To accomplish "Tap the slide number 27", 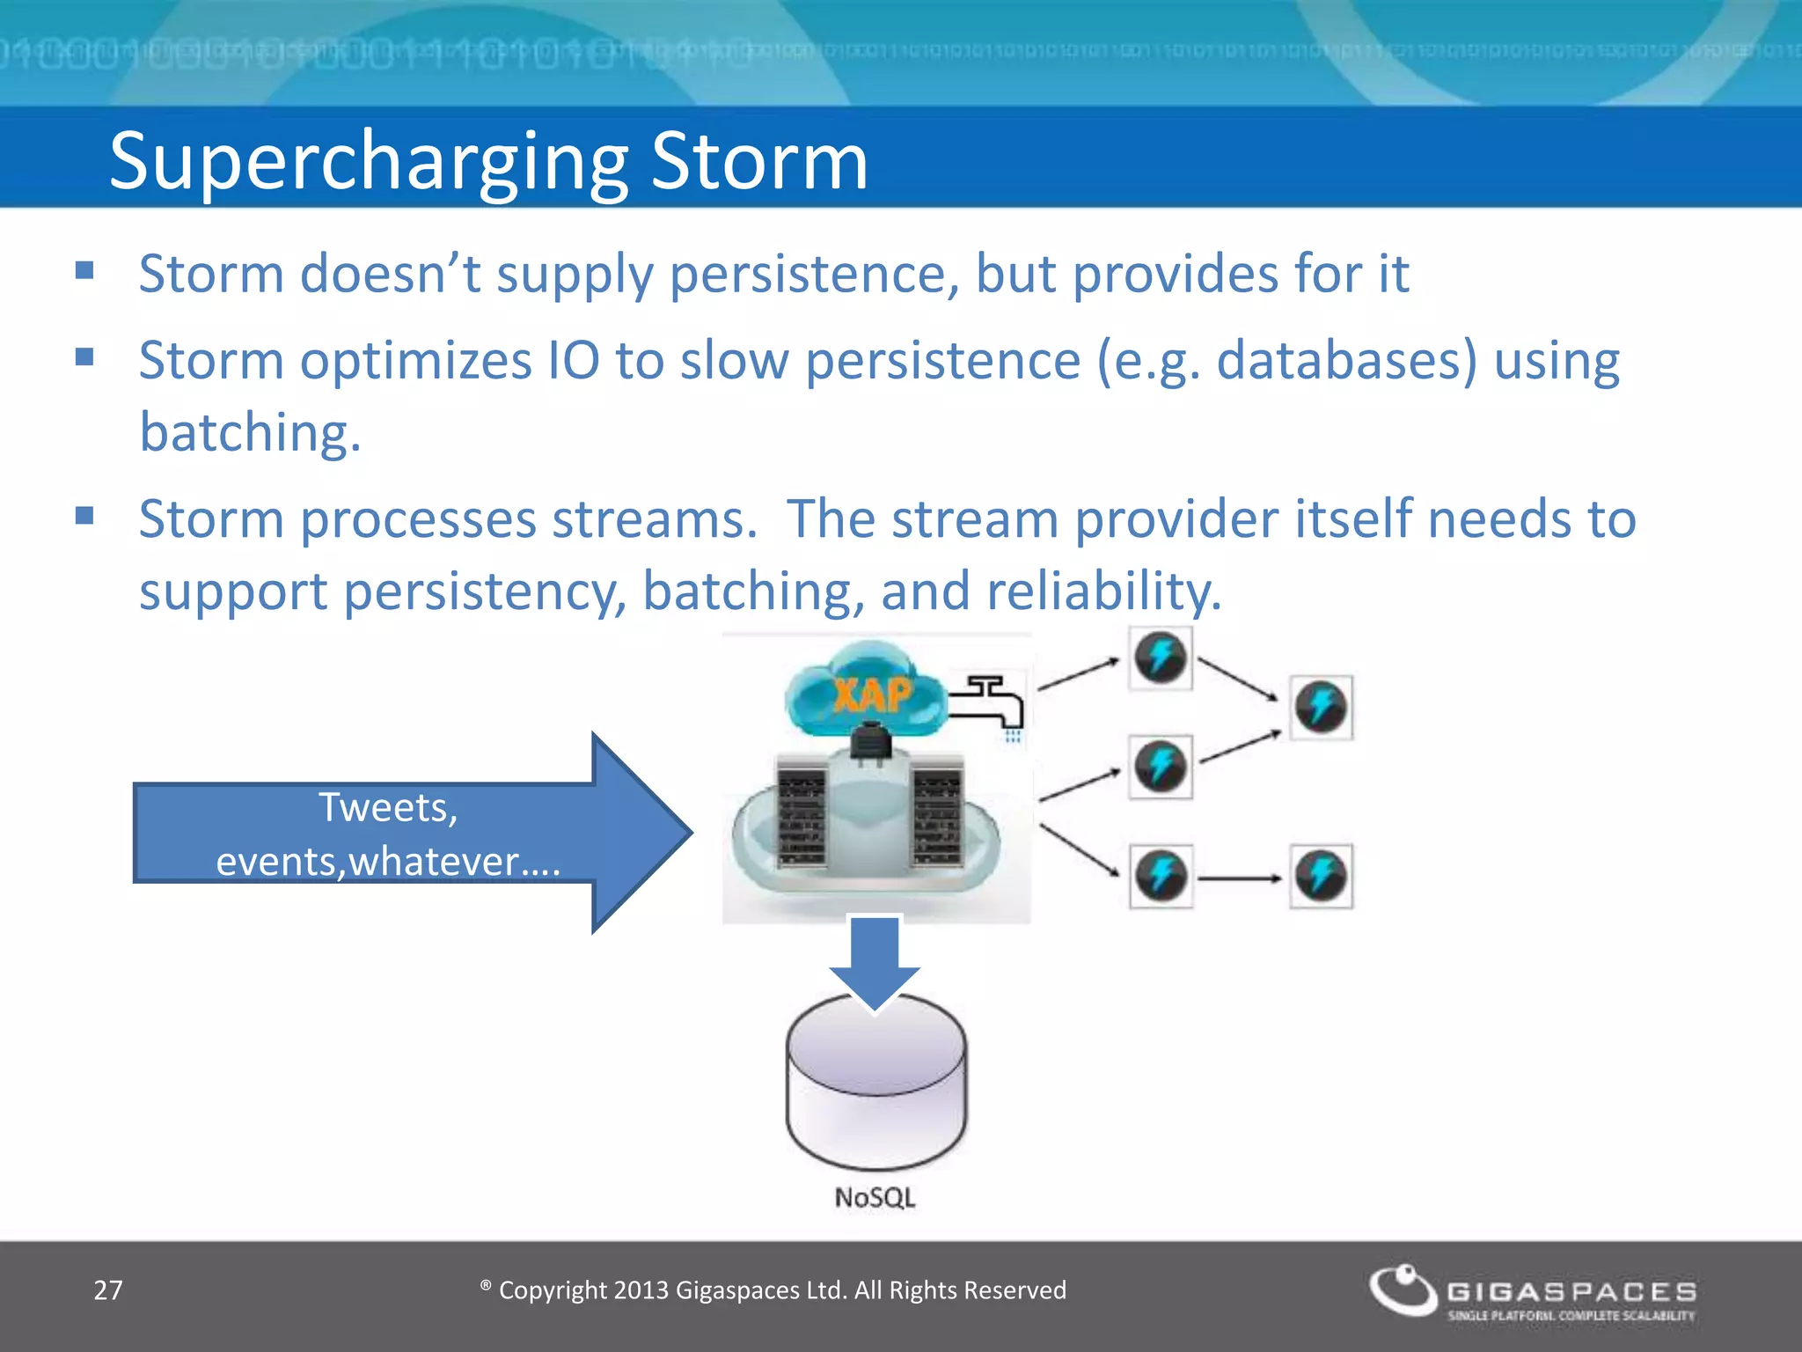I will (108, 1290).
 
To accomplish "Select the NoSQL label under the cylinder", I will (875, 1198).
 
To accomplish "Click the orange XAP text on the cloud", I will (872, 696).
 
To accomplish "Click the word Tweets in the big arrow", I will (387, 807).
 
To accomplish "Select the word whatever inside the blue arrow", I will (433, 862).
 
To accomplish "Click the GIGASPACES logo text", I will (1571, 1291).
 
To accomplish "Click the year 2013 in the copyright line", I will (641, 1290).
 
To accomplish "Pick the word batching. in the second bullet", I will (250, 433).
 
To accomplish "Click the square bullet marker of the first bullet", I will (84, 270).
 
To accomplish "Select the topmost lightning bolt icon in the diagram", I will (1161, 658).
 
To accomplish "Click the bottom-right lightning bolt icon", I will (1321, 877).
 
